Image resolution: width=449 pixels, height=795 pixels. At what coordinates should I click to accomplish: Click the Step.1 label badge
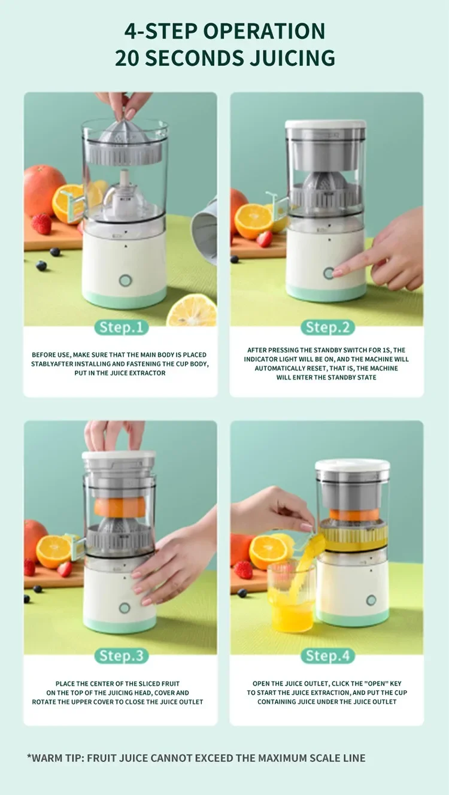tap(121, 327)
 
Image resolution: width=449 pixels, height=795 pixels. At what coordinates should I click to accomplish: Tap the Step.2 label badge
tap(327, 327)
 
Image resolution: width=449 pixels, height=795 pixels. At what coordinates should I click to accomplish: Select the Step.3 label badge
tap(121, 656)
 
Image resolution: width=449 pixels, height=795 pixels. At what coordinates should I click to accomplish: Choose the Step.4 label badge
tap(327, 656)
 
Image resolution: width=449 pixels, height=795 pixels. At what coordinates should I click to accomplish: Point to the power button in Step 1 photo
tap(125, 280)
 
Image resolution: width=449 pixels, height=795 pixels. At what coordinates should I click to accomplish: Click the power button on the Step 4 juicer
tap(371, 600)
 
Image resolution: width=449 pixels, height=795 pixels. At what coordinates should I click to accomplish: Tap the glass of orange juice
tap(292, 602)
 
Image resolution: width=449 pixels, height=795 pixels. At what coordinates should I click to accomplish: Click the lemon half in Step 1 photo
tap(192, 311)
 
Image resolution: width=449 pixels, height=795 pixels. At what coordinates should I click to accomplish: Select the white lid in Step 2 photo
tap(325, 125)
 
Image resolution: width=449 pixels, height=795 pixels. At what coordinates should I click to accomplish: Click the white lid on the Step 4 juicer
tap(353, 465)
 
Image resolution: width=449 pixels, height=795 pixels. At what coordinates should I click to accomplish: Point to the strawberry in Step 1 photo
tap(42, 223)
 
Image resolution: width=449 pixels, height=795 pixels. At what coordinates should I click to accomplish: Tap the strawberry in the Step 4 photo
tap(242, 569)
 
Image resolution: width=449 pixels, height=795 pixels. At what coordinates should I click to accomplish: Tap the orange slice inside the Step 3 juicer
tap(120, 506)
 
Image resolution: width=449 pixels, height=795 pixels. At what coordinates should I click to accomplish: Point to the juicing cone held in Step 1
tap(124, 132)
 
